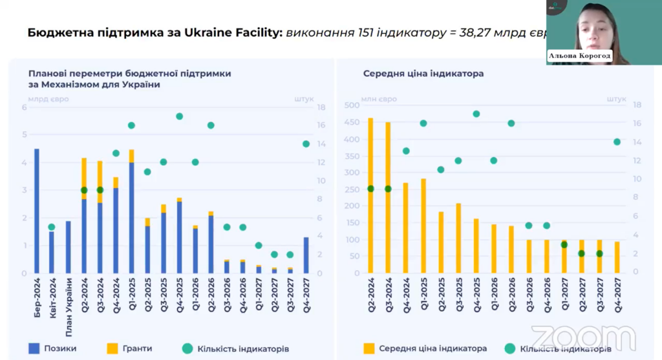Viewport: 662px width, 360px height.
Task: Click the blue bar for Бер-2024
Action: [37, 211]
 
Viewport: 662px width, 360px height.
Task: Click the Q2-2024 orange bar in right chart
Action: [370, 194]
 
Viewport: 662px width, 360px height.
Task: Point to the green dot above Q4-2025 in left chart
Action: [179, 116]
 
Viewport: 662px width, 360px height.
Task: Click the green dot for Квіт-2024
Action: [52, 227]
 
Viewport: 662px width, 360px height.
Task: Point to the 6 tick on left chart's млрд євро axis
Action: [25, 107]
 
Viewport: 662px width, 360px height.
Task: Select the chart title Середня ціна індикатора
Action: [423, 74]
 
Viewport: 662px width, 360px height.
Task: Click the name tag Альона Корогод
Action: [580, 56]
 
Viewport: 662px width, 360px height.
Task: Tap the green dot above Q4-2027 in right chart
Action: [617, 142]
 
